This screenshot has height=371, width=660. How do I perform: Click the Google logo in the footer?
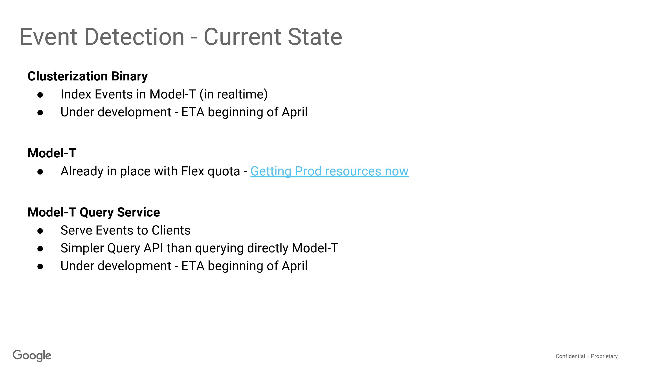(32, 356)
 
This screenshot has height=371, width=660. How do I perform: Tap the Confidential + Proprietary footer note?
(587, 356)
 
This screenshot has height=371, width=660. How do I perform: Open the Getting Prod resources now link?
(330, 171)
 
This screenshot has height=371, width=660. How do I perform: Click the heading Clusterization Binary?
(88, 76)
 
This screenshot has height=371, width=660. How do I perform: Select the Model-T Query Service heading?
(94, 212)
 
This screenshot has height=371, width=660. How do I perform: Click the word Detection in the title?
(134, 37)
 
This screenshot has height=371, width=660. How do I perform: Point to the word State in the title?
(315, 37)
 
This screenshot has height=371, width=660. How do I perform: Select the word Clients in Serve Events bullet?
(171, 230)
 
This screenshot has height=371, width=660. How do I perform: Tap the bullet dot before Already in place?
(40, 172)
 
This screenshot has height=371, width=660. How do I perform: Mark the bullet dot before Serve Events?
(40, 231)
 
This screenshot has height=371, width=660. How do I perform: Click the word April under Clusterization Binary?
(295, 112)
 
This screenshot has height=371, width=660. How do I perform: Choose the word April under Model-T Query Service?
(295, 266)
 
